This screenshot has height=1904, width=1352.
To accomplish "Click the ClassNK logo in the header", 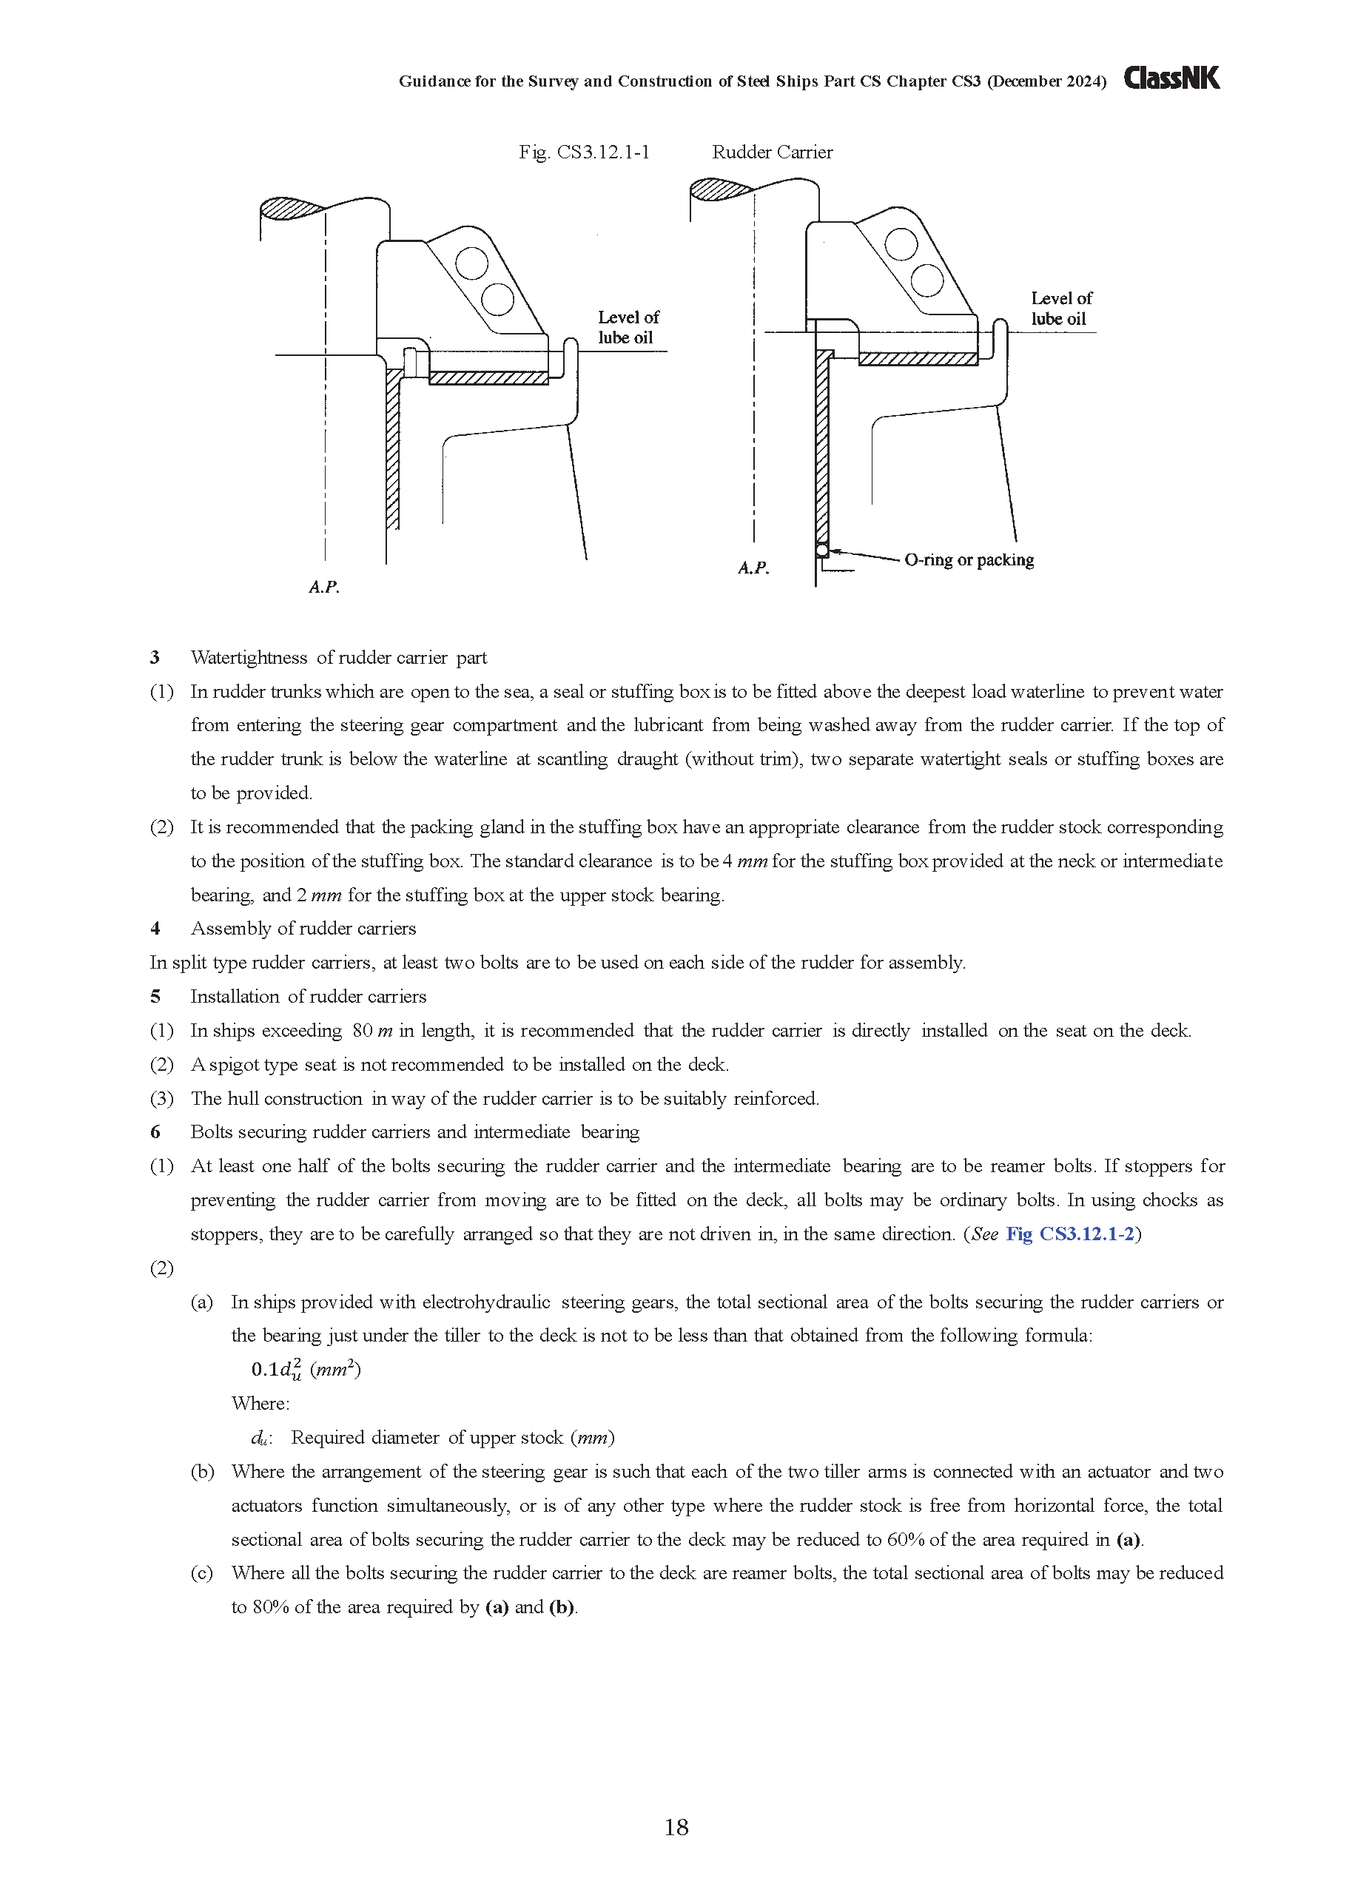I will pos(1171,78).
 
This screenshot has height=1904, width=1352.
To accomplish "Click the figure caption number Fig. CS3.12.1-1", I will pos(584,152).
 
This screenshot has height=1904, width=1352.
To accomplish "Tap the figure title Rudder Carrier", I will pos(772,152).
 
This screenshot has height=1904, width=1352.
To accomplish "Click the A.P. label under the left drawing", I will pos(324,587).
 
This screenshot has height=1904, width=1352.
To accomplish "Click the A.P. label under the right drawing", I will pos(753,568).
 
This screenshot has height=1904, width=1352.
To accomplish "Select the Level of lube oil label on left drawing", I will pos(628,327).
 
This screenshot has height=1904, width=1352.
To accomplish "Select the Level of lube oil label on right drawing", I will pos(1060,308).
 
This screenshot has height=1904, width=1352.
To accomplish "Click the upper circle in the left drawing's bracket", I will pos(472,265).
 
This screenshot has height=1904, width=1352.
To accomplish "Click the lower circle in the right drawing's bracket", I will pos(926,279).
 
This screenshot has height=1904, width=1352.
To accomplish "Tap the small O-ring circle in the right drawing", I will pos(821,551).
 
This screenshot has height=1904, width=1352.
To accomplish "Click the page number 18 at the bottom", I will pos(676,1827).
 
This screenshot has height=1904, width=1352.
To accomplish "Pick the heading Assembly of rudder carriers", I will pos(303,928).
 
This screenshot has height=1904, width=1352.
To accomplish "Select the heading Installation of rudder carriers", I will pos(308,997).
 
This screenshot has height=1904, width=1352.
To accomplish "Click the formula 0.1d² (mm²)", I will pos(306,1370).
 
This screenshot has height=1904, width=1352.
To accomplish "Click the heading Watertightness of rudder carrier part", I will pos(338,658).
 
